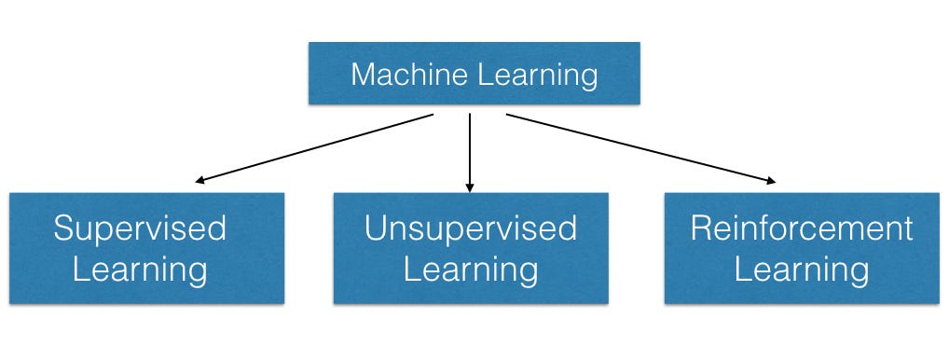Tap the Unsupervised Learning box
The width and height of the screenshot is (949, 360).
click(471, 247)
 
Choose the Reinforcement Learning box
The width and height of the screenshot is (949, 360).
click(803, 247)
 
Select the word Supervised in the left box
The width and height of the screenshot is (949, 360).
click(140, 228)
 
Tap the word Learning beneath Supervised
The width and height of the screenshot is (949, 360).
click(140, 271)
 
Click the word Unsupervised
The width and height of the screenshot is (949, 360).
click(471, 228)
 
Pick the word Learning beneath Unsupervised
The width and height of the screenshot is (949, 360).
click(471, 271)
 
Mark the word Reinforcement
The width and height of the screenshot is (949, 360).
click(802, 228)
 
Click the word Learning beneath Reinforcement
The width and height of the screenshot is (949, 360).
click(802, 271)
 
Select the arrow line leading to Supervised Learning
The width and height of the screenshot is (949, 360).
click(317, 147)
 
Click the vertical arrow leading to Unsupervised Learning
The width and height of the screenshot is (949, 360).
click(470, 149)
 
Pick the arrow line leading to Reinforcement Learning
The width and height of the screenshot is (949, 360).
click(639, 147)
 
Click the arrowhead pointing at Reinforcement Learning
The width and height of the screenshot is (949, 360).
click(769, 181)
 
